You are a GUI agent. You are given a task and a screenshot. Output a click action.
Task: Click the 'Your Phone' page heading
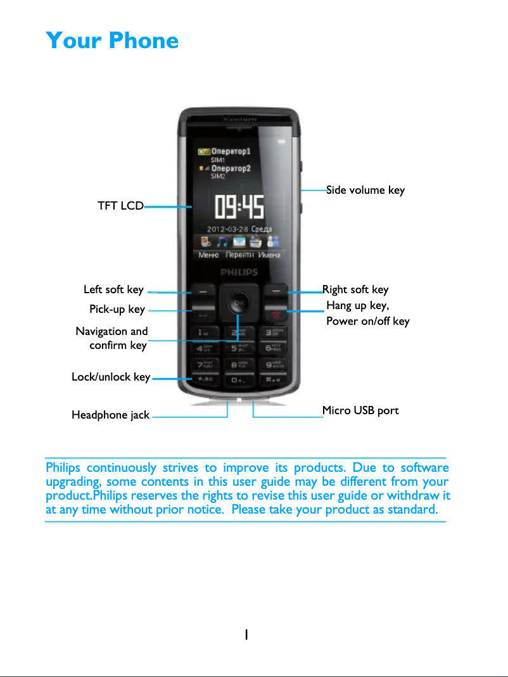(x=112, y=41)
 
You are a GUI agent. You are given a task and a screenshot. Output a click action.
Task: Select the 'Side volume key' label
(x=365, y=190)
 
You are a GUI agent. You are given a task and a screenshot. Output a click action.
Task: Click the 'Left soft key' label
(x=113, y=290)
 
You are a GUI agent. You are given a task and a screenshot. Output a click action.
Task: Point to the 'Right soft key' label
(x=355, y=290)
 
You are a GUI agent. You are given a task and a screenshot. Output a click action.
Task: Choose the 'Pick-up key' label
(x=117, y=309)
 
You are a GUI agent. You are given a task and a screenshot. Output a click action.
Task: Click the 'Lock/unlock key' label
(x=111, y=377)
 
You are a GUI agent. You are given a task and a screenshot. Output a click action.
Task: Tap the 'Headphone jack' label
(x=111, y=415)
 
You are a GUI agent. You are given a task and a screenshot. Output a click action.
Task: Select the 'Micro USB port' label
(x=360, y=410)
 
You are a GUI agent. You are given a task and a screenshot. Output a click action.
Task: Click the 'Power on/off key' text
(x=367, y=322)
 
